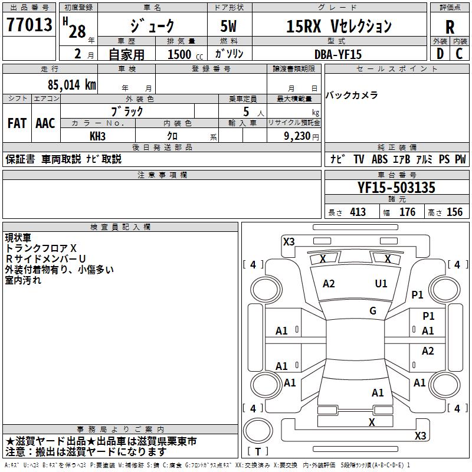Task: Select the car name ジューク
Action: pos(152,27)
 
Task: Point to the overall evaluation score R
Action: pos(450,27)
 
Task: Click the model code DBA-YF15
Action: pos(338,54)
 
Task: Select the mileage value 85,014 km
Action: pos(71,84)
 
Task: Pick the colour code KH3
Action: pos(97,136)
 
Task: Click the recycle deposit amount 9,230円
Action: pos(301,136)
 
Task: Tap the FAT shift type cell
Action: pos(17,123)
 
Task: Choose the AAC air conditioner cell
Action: pos(45,123)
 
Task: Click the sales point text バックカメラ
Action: pos(352,96)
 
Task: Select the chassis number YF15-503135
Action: pos(396,188)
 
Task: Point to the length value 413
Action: pos(358,212)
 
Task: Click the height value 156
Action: pos(454,212)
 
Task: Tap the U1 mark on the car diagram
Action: pos(381,284)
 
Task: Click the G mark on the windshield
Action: pos(373,311)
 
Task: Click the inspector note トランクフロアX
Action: pos(41,248)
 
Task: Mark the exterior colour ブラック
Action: pos(127,111)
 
